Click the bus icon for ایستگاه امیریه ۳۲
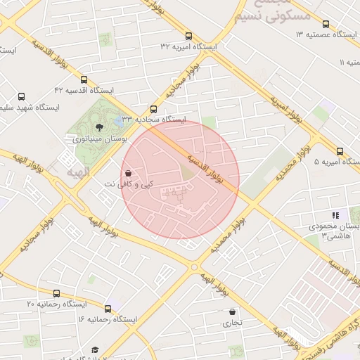click(188, 36)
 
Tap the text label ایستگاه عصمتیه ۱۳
click(326, 34)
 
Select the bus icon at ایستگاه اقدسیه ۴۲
click(84, 80)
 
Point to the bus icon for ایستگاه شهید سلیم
click(21, 97)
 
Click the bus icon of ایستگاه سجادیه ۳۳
click(153, 109)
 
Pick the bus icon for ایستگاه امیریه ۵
click(340, 151)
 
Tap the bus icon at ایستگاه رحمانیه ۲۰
click(56, 293)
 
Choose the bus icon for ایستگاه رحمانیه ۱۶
click(108, 309)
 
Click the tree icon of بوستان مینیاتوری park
click(98, 127)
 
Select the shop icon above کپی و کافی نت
click(127, 172)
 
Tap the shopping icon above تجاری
click(232, 311)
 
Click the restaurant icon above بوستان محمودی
click(335, 215)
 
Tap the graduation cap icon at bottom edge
click(95, 349)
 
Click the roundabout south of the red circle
click(195, 267)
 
